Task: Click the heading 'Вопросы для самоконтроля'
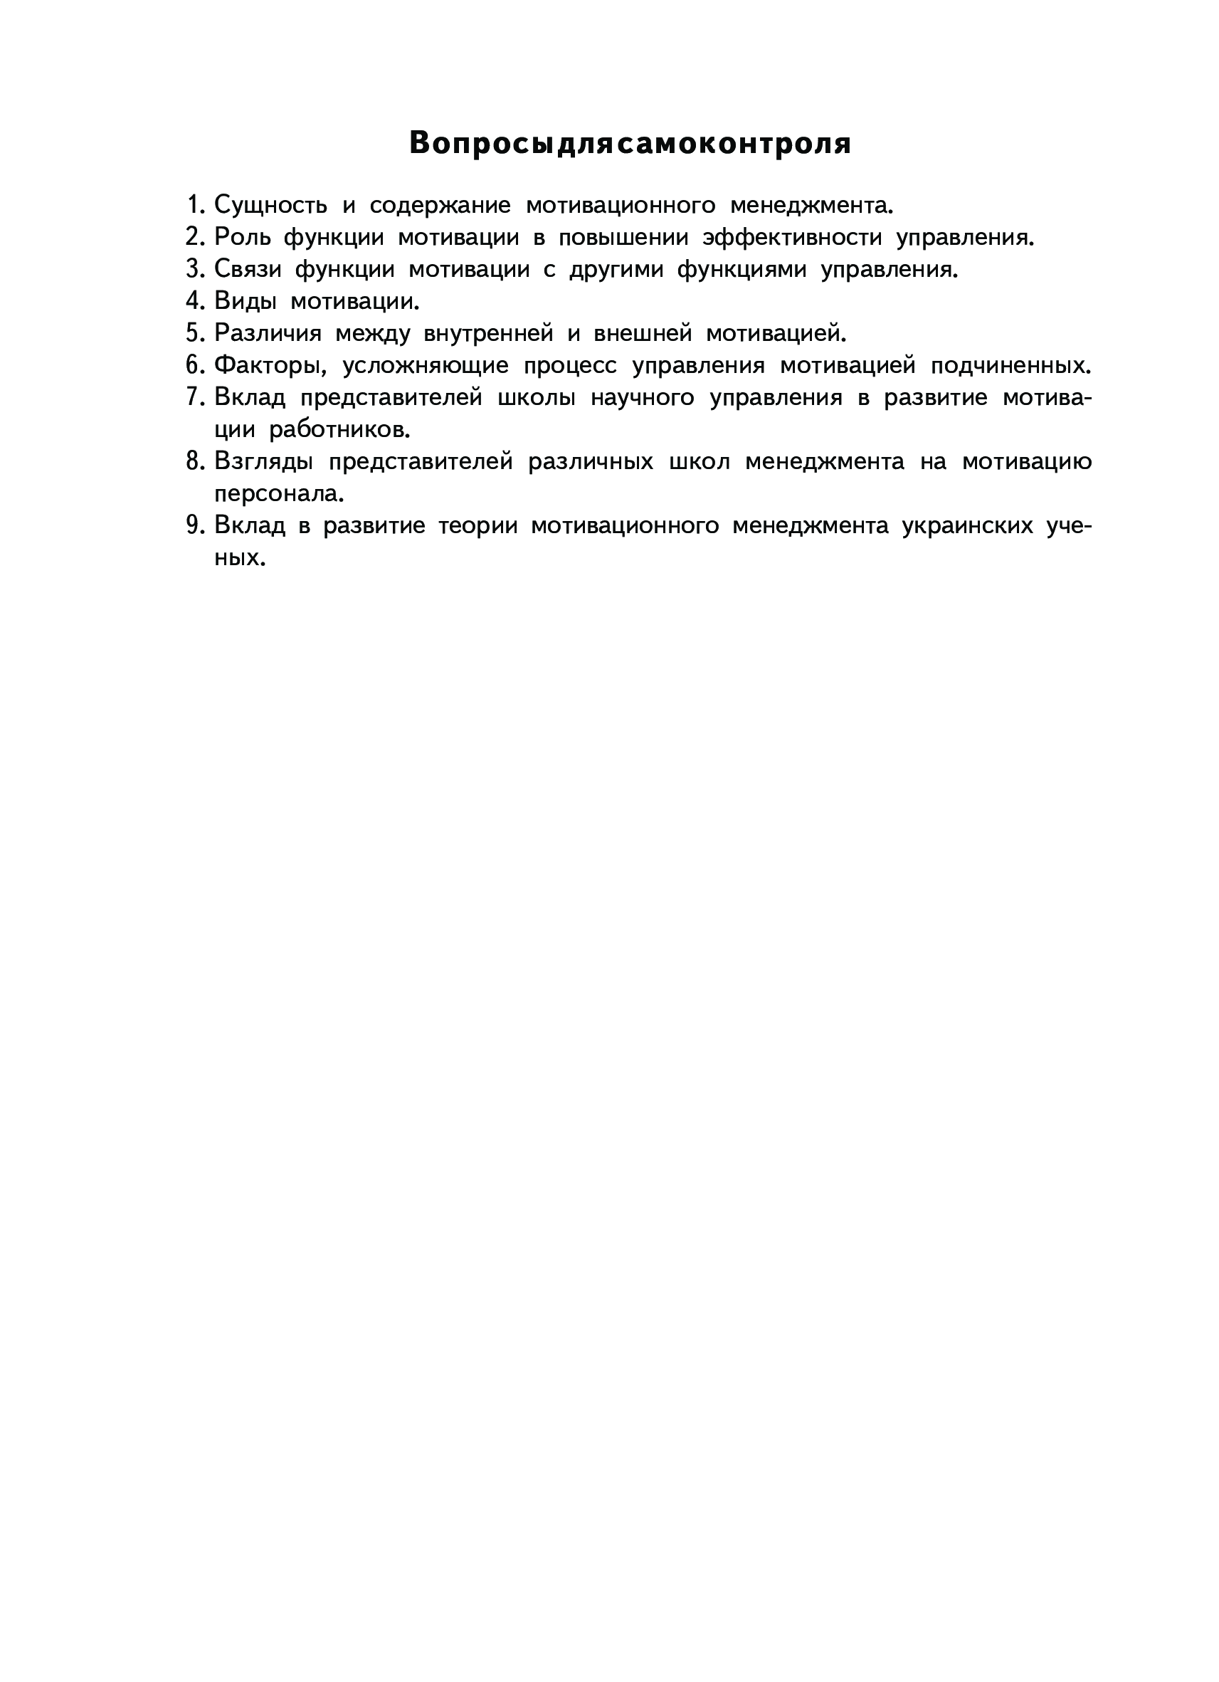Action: click(630, 143)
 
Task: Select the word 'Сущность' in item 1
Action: click(270, 205)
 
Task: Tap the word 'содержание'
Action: click(440, 205)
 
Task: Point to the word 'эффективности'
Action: click(792, 237)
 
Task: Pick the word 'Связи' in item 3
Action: click(248, 269)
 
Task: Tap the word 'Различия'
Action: click(268, 334)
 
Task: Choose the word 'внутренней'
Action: click(488, 334)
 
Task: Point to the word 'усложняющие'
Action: click(425, 366)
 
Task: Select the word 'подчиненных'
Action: click(1010, 366)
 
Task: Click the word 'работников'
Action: click(339, 430)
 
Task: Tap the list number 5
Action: click(194, 334)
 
